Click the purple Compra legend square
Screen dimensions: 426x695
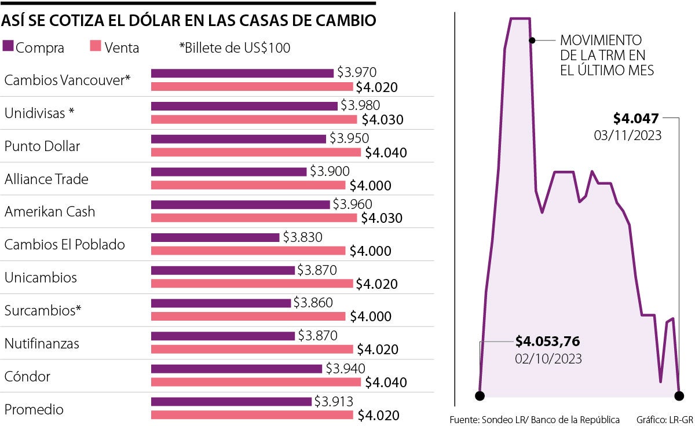pyautogui.click(x=8, y=46)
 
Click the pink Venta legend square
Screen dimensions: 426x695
pyautogui.click(x=96, y=46)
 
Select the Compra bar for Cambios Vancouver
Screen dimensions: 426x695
pyautogui.click(x=242, y=73)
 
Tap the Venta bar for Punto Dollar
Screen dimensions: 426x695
pyautogui.click(x=255, y=152)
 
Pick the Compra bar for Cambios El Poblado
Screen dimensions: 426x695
pyautogui.click(x=215, y=237)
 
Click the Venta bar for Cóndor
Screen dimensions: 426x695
pyautogui.click(x=255, y=382)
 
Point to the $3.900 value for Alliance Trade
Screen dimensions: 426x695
pyautogui.click(x=330, y=171)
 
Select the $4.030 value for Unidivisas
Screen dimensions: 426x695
pyautogui.click(x=382, y=120)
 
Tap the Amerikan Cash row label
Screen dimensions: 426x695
pyautogui.click(x=50, y=212)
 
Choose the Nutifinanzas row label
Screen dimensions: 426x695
pyautogui.click(x=42, y=344)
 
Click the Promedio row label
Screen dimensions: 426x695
pyautogui.click(x=34, y=410)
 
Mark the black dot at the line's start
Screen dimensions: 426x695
pyautogui.click(x=480, y=396)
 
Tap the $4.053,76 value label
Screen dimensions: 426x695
pyautogui.click(x=547, y=341)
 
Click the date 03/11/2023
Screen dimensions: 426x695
pyautogui.click(x=628, y=135)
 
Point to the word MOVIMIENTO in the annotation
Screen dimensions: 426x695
pyautogui.click(x=601, y=41)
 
